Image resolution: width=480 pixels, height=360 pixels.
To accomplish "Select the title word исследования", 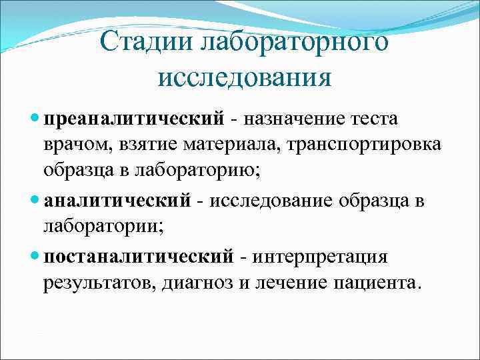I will tap(245, 79).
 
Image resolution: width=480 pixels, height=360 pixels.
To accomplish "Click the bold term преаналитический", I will tap(133, 119).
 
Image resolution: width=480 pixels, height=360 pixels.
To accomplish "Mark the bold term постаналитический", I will tap(139, 257).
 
